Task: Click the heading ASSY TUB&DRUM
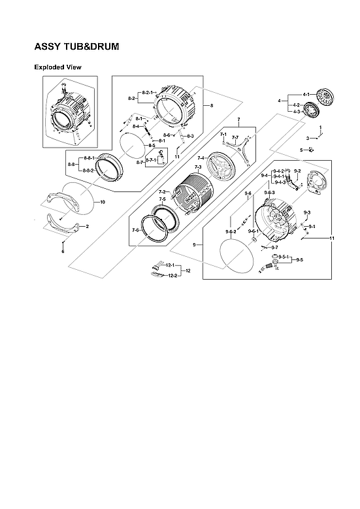[x=76, y=48]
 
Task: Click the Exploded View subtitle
[x=57, y=67]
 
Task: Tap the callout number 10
[x=103, y=203]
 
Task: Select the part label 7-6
[x=136, y=230]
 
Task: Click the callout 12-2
[x=171, y=276]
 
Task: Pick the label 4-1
[x=306, y=95]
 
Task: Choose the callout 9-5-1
[x=283, y=257]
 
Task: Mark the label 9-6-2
[x=231, y=232]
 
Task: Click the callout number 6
[x=63, y=252]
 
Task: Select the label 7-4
[x=201, y=157]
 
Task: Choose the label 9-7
[x=274, y=248]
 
